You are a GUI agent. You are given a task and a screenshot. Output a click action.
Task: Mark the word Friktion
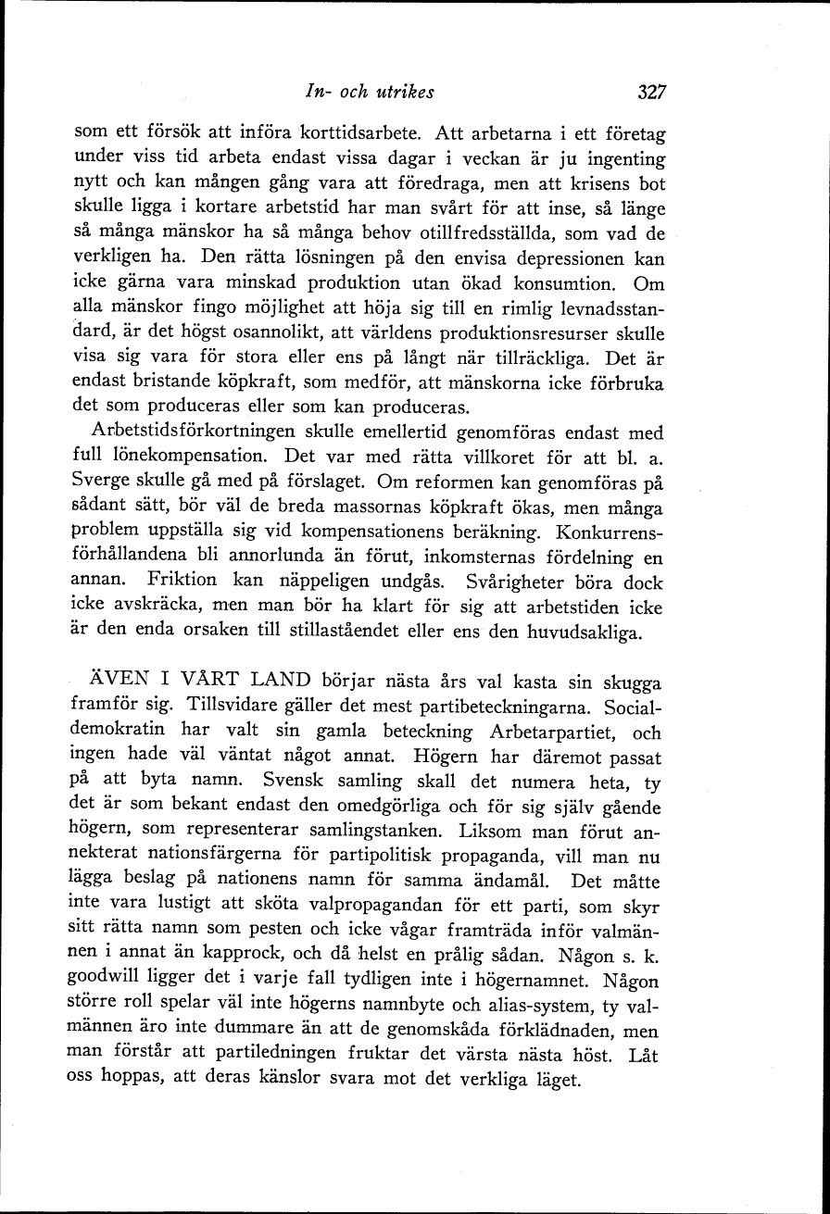tap(182, 582)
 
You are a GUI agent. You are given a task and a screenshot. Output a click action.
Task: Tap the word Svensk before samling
tap(294, 782)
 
